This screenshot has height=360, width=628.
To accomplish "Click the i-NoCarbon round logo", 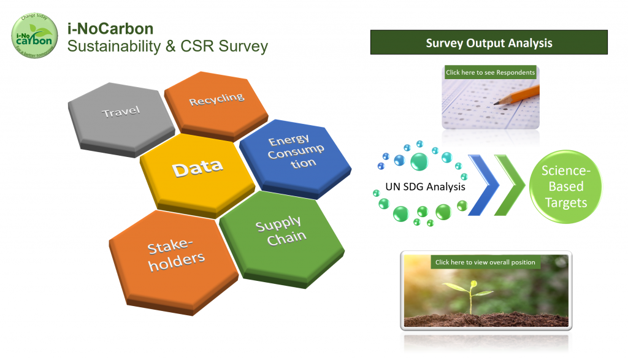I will coord(36,36).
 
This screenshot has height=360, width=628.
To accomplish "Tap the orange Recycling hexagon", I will coord(216,101).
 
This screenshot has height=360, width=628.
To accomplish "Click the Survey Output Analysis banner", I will coord(489,43).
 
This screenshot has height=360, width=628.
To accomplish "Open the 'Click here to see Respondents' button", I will coord(490,72).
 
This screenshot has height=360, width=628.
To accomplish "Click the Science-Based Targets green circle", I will coord(565,186).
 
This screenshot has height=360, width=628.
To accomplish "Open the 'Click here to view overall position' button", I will coord(484,262).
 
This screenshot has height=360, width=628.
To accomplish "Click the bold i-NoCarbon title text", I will coord(110,29).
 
